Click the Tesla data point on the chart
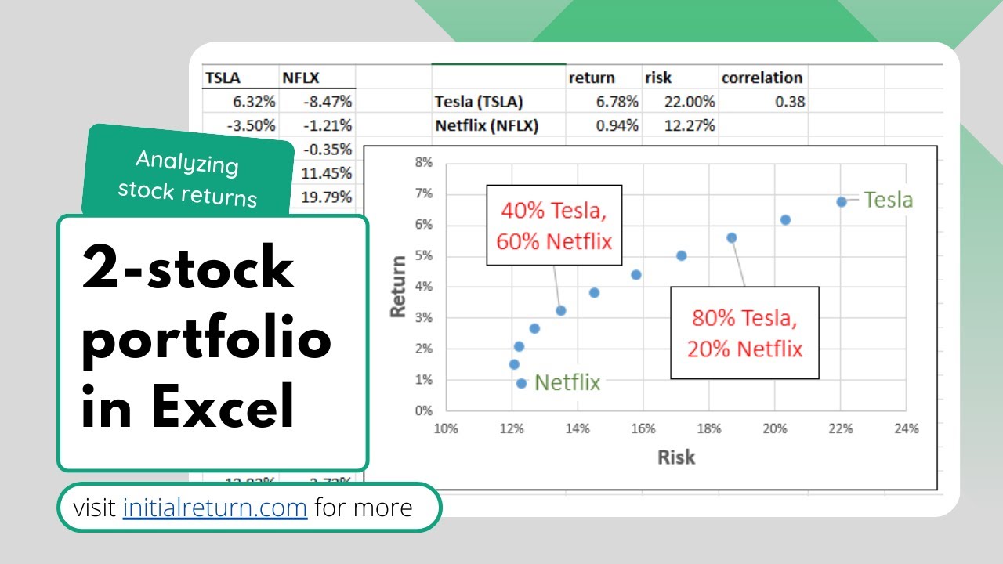[842, 201]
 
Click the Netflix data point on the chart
[522, 383]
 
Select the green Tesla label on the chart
[889, 200]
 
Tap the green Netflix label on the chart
[567, 382]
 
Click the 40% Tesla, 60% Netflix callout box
[554, 226]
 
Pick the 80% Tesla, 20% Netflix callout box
[744, 333]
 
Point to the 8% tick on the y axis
[423, 163]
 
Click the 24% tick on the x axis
[906, 428]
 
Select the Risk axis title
[675, 457]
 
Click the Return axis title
[399, 286]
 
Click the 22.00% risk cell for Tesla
[690, 102]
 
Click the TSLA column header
[223, 78]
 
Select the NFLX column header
[302, 78]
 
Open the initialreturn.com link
[215, 508]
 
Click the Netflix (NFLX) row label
[486, 125]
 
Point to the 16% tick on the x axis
[643, 428]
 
